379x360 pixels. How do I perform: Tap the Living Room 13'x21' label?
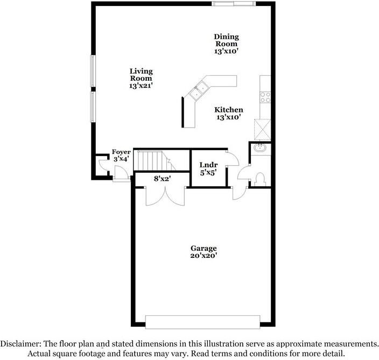(x=141, y=78)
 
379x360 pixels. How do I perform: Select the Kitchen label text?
(x=229, y=113)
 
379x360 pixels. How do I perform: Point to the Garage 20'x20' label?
(x=203, y=252)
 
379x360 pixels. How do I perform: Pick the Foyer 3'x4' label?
(x=121, y=156)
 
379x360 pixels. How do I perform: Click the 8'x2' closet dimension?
(x=162, y=179)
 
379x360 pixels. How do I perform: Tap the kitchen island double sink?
(x=200, y=89)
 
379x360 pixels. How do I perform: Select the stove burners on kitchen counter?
(x=265, y=97)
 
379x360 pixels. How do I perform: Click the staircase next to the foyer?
(x=151, y=160)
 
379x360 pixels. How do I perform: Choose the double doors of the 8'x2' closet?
(x=166, y=196)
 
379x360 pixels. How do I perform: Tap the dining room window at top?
(x=232, y=4)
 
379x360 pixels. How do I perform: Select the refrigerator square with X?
(x=263, y=129)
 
